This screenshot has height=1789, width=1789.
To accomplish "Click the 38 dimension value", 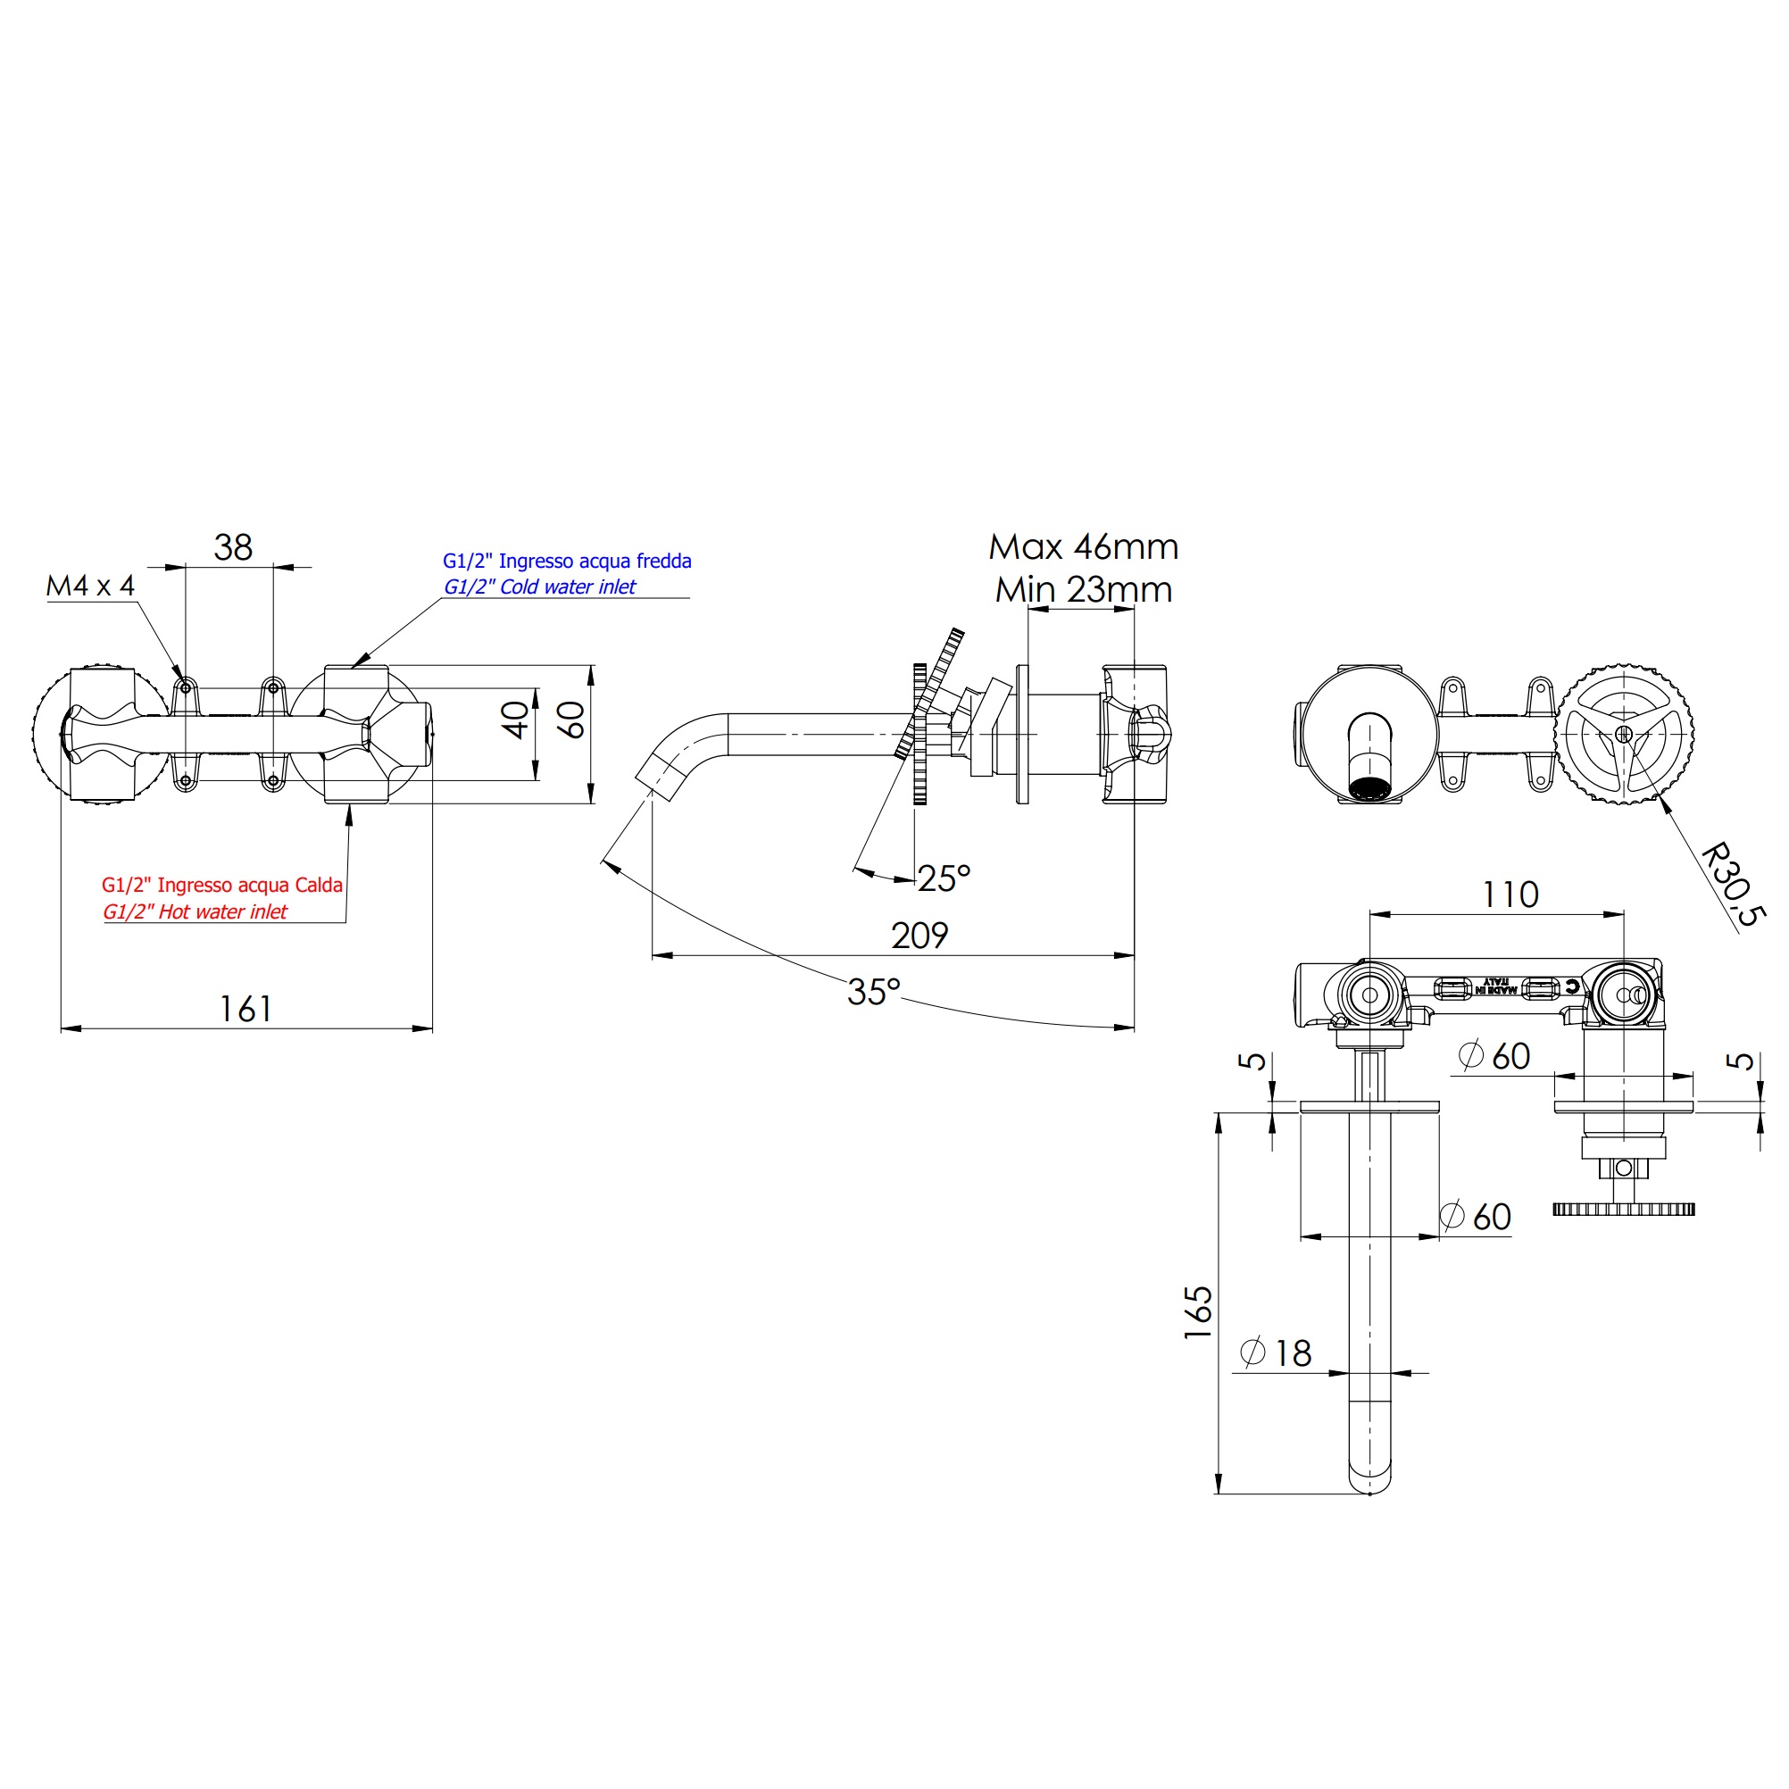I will [x=232, y=547].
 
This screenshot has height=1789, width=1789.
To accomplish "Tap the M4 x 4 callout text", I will [x=91, y=587].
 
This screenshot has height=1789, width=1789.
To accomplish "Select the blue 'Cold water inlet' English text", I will [x=540, y=587].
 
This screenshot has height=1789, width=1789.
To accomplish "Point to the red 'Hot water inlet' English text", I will [x=196, y=912].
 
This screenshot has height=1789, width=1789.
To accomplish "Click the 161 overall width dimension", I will [x=245, y=1010].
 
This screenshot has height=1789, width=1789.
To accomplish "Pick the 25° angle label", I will [x=944, y=878].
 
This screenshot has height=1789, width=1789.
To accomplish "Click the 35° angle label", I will [x=873, y=992].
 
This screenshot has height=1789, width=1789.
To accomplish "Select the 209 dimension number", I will [x=919, y=936].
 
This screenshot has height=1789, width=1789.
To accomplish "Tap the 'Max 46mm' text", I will [x=1084, y=547].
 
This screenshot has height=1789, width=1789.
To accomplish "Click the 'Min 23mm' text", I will [x=1084, y=590].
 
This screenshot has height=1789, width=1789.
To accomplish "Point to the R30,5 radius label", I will [x=1733, y=884].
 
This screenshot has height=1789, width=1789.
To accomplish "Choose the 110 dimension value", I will [x=1510, y=895].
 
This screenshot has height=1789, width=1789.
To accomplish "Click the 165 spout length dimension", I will [x=1198, y=1311].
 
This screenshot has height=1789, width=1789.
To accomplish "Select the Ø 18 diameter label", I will [x=1276, y=1353].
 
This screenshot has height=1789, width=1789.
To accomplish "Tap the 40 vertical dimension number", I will [x=516, y=720].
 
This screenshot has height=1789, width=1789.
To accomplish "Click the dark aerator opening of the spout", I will [x=1369, y=789].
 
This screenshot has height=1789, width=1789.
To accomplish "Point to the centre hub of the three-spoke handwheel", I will [x=1623, y=734].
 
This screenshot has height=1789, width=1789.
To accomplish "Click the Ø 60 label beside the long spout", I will [x=1476, y=1217].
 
